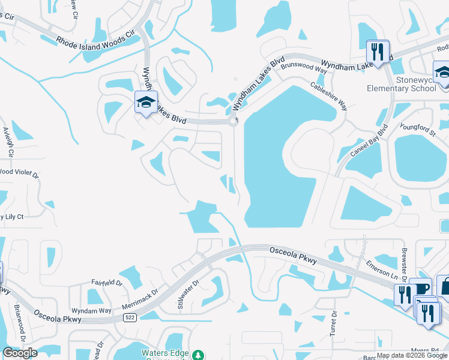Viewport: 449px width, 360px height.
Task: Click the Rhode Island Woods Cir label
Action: point(96,40)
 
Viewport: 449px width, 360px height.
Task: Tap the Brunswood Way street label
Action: point(304,67)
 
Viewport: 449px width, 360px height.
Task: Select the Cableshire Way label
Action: point(329,96)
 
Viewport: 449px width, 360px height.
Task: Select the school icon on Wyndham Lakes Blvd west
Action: point(146,103)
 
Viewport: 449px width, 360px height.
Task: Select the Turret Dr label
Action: point(334,324)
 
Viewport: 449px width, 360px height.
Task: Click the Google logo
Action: point(20,352)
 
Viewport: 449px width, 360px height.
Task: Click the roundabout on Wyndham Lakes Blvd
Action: point(233,122)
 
